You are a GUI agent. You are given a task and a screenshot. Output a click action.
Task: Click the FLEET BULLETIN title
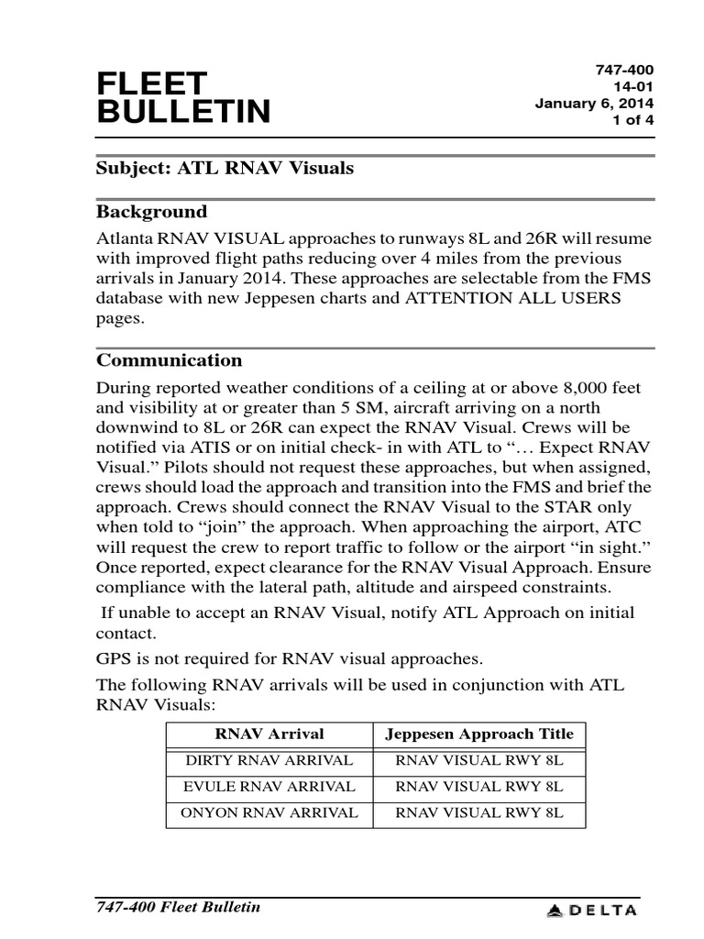(183, 97)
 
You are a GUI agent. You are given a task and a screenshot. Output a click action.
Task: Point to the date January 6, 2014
(594, 104)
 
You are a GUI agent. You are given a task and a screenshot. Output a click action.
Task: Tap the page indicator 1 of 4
(632, 120)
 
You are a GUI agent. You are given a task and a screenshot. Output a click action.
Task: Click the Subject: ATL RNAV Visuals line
(225, 169)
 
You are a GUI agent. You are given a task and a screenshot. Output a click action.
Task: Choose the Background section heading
(152, 212)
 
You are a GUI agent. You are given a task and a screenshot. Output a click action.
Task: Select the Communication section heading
(170, 359)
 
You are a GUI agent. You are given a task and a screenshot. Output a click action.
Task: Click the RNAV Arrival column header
(269, 734)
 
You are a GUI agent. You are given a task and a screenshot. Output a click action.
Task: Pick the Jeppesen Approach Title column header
(479, 734)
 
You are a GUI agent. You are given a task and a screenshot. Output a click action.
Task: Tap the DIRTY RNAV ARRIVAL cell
(269, 760)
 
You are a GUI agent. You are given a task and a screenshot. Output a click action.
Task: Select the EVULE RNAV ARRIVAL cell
(269, 787)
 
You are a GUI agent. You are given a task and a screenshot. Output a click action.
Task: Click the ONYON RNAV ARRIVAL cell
(269, 812)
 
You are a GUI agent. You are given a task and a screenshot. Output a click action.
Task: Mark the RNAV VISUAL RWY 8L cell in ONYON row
(479, 812)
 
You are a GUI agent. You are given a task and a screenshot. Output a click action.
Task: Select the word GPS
(116, 657)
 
